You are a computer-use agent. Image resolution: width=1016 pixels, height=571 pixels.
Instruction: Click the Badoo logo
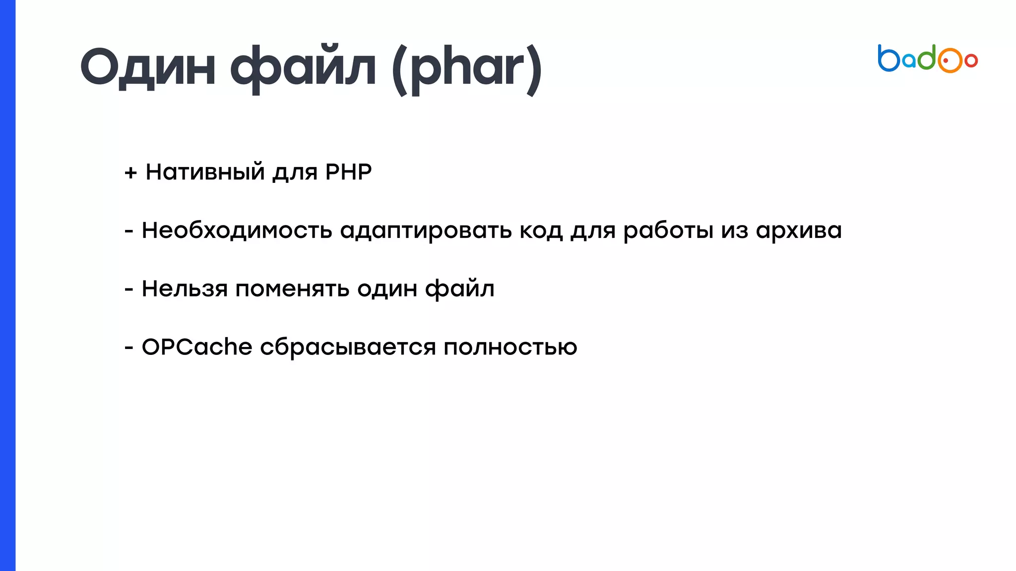pyautogui.click(x=927, y=59)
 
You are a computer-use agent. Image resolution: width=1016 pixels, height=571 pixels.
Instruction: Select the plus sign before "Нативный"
pyautogui.click(x=130, y=172)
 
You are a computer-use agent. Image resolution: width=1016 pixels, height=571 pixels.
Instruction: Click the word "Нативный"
pyautogui.click(x=205, y=172)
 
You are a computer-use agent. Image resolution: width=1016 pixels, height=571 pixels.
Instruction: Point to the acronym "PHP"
pyautogui.click(x=348, y=172)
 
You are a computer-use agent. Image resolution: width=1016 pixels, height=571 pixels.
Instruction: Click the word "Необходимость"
pyautogui.click(x=237, y=230)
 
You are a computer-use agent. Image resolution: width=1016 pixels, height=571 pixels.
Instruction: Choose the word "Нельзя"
pyautogui.click(x=185, y=288)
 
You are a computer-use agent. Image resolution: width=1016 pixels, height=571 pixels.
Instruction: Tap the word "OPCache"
pyautogui.click(x=197, y=346)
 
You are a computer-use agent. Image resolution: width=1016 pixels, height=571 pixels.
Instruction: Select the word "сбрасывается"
pyautogui.click(x=348, y=347)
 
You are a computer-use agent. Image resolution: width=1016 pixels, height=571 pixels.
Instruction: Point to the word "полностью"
pyautogui.click(x=510, y=347)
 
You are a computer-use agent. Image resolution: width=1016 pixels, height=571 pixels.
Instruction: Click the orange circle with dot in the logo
pyautogui.click(x=950, y=60)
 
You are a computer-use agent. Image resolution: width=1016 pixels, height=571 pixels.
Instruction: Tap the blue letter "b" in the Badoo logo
pyautogui.click(x=888, y=58)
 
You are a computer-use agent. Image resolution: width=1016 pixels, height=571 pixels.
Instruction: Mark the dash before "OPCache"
pyautogui.click(x=129, y=347)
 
